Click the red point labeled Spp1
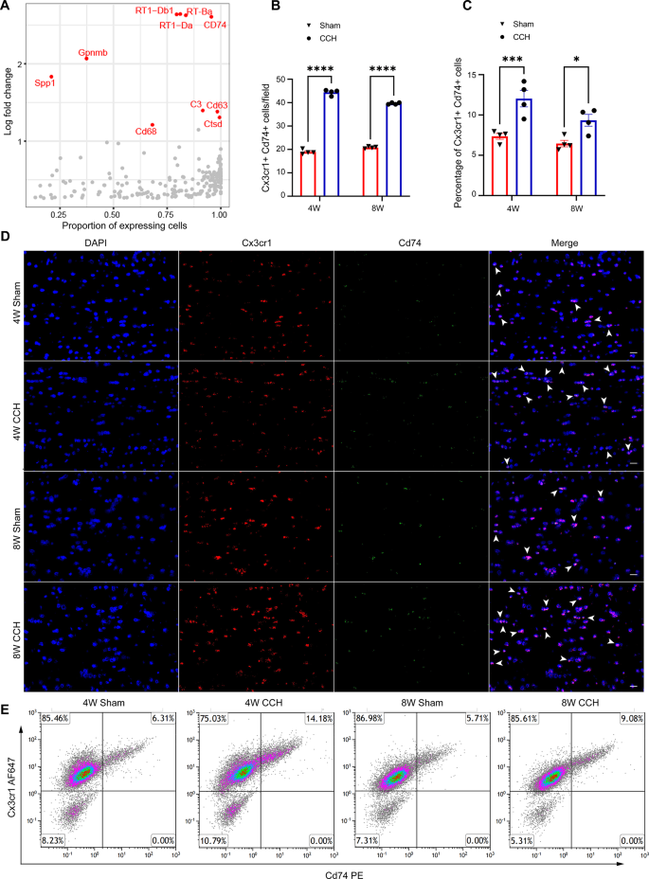(x=51, y=77)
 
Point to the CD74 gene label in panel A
(x=215, y=25)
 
